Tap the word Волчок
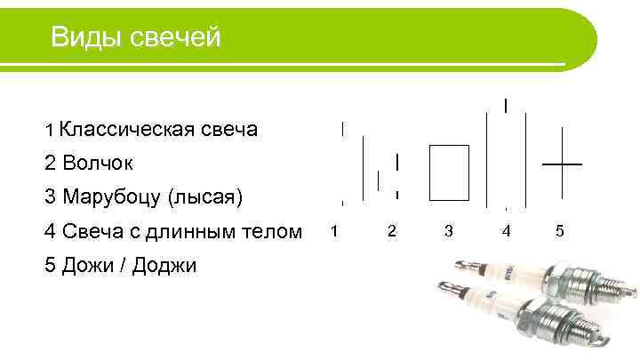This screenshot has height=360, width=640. [x=98, y=164]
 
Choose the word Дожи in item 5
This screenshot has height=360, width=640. [x=91, y=265]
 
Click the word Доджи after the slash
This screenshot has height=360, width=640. [x=164, y=265]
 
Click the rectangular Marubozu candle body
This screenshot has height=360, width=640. [x=449, y=172]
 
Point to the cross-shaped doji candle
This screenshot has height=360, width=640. [x=563, y=164]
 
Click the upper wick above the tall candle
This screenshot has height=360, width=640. [x=506, y=105]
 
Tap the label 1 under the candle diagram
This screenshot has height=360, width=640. [x=333, y=231]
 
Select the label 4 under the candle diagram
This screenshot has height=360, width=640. [x=506, y=231]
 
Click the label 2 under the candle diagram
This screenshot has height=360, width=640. [x=391, y=231]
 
